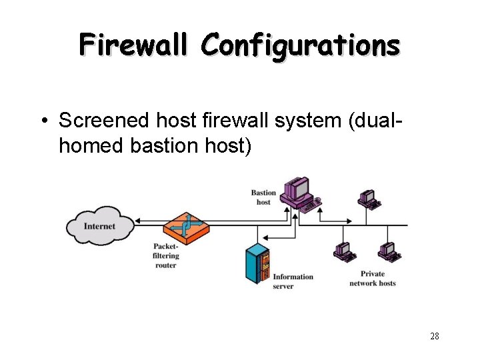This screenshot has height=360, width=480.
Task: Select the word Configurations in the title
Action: pos(301,45)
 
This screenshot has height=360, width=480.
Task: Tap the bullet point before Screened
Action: pos(42,121)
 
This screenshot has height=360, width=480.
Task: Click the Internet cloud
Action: pos(99,227)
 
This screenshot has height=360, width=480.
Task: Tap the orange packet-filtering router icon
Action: pos(186,227)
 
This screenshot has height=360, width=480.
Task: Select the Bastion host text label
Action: pos(263,197)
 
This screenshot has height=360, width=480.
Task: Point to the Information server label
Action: pos(293,281)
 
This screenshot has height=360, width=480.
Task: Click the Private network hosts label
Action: pos(372,279)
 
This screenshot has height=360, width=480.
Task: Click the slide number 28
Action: pos(434,336)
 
